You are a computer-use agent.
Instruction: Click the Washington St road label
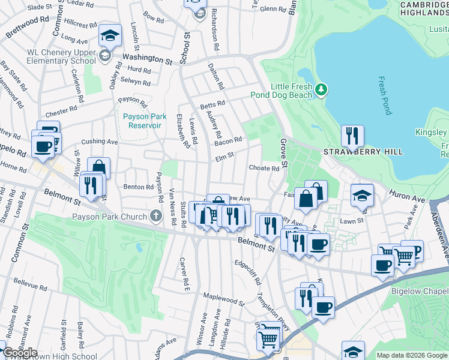click(x=147, y=59)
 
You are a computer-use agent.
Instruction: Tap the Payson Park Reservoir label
click(x=142, y=121)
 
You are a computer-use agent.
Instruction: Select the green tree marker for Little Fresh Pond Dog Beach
click(x=322, y=90)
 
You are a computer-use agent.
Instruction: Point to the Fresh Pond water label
click(x=384, y=95)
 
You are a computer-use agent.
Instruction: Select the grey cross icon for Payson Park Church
click(x=156, y=216)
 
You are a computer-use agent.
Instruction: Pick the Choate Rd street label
click(x=264, y=169)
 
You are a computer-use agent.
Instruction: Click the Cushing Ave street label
click(x=100, y=142)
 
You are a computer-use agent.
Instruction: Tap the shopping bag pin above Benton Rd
click(x=98, y=168)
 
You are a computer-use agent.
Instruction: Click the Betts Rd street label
click(x=212, y=103)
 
